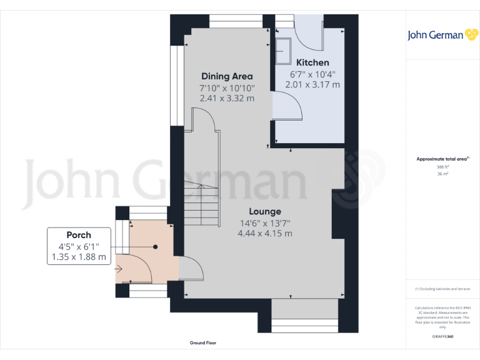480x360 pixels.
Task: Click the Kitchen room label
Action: pos(312,62)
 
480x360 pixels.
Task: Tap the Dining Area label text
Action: pos(227,76)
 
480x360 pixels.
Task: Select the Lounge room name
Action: pos(265,211)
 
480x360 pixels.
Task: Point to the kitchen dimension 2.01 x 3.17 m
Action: pos(312,84)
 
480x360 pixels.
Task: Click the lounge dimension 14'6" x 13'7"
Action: pos(265,223)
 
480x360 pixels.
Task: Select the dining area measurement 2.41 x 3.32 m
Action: pos(227,98)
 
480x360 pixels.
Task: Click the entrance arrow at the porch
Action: pos(119,269)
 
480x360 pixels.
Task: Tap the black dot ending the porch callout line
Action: pos(156,247)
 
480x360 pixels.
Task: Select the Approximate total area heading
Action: pos(442,159)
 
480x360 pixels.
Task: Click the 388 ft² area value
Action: pos(442,167)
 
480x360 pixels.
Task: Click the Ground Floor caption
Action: pos(203,343)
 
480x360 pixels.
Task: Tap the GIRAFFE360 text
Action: pos(442,336)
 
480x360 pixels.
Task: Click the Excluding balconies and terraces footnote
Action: pos(442,289)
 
